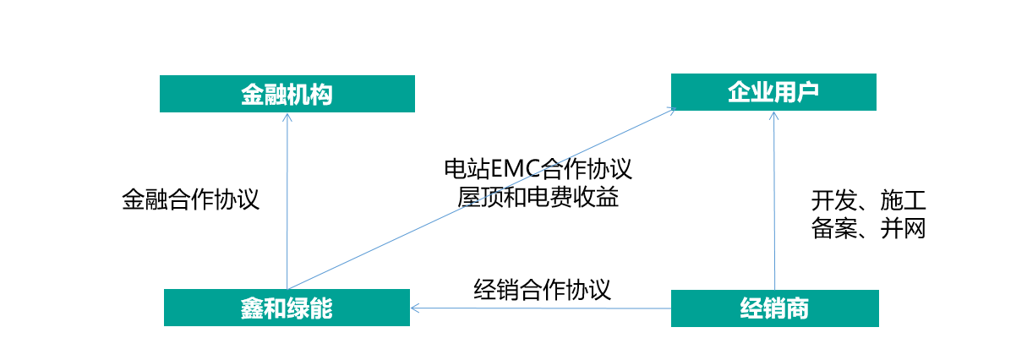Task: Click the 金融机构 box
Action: point(287,94)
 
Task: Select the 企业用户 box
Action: point(773,92)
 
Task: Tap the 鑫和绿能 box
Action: point(287,308)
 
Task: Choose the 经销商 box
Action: point(774,308)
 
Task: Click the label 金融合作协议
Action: point(190,199)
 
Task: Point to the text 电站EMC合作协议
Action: point(538,168)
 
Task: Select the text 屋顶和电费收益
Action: point(538,198)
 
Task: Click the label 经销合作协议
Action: point(542,290)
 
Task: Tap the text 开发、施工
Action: point(869,201)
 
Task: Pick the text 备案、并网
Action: point(869,228)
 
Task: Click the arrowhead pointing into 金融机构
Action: point(287,117)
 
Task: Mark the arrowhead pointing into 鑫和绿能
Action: point(415,308)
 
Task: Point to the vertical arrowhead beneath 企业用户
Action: point(773,116)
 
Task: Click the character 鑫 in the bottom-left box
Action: point(252,308)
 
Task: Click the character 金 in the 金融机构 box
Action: point(253,94)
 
